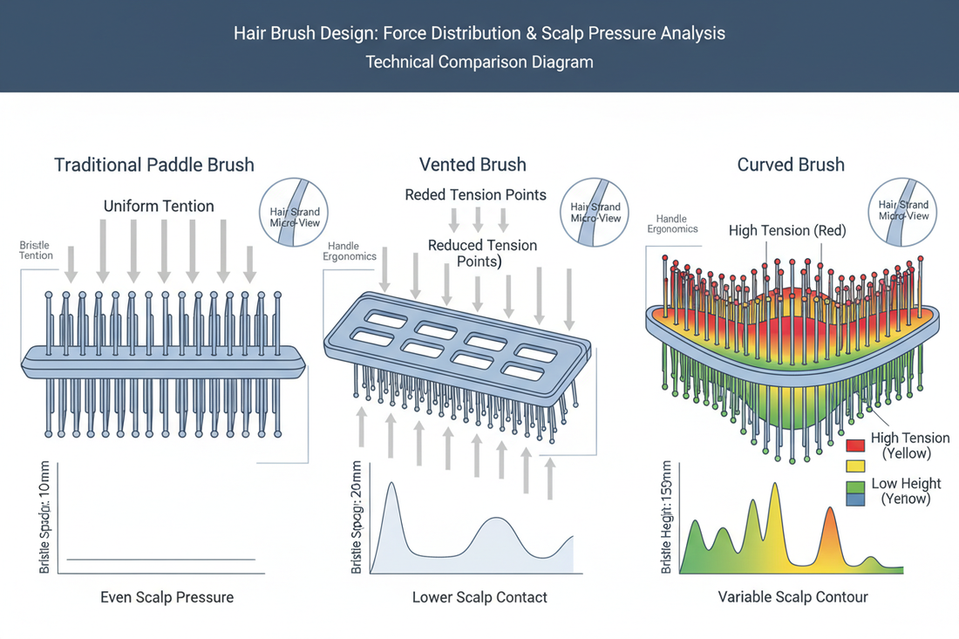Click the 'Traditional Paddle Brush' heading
click(154, 165)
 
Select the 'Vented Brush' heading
click(473, 165)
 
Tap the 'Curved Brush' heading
click(791, 165)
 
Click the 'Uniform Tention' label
click(159, 207)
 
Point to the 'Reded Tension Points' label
click(475, 194)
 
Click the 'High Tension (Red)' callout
click(787, 231)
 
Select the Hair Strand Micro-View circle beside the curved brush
click(902, 211)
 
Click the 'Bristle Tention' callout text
click(36, 251)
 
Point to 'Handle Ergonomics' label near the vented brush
click(350, 251)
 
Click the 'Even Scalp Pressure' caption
click(167, 597)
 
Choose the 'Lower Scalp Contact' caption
click(479, 597)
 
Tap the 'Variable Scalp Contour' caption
click(792, 597)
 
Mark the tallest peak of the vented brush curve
click(391, 485)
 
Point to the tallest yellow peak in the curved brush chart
click(773, 486)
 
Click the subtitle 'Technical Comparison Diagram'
click(479, 62)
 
